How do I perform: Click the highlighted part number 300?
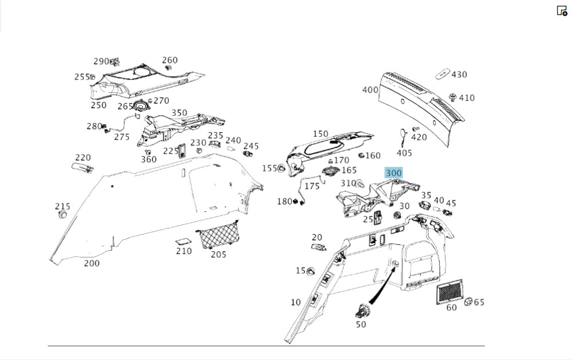394,173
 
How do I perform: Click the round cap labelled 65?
467,302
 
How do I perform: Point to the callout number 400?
370,90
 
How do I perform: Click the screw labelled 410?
452,97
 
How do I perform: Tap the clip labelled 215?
62,215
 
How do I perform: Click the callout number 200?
92,263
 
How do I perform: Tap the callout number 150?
320,134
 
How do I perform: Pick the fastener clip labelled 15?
312,271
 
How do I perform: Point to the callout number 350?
180,113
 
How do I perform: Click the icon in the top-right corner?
562,11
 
